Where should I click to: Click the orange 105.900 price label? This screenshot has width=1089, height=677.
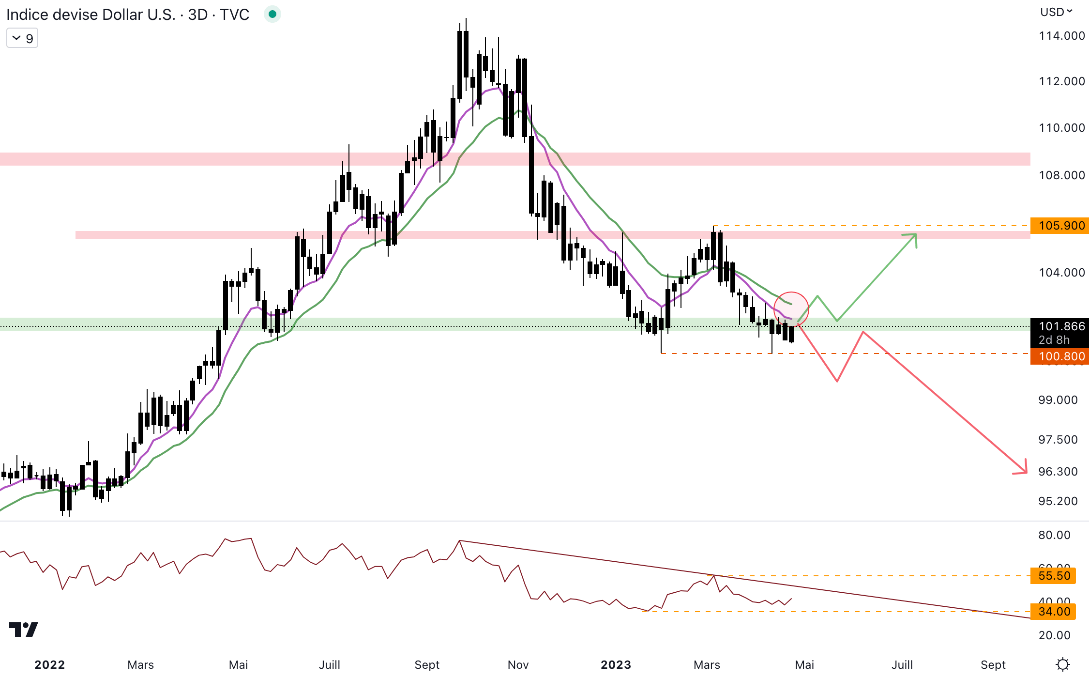(x=1059, y=226)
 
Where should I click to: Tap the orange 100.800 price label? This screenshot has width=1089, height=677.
(x=1059, y=356)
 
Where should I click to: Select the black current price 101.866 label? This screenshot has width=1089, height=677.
(x=1059, y=327)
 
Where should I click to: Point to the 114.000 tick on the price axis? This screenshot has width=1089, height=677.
(x=1061, y=36)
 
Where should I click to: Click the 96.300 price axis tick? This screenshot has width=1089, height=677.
(x=1058, y=472)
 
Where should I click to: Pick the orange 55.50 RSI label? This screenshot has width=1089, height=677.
(x=1054, y=576)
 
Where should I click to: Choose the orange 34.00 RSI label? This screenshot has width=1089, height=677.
(x=1054, y=612)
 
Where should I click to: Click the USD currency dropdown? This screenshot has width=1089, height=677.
(x=1056, y=12)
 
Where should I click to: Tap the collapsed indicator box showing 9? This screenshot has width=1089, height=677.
(x=22, y=38)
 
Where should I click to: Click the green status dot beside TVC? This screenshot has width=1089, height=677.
(x=272, y=15)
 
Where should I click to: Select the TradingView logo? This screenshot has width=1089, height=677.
(x=23, y=630)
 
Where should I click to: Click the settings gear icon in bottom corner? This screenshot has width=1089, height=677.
(x=1063, y=664)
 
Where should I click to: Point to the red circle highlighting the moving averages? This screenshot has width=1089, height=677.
(x=791, y=309)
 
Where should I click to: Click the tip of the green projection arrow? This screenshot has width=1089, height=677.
(x=916, y=235)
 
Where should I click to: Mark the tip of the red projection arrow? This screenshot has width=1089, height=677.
(x=1026, y=472)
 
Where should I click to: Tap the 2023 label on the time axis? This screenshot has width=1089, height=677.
(x=616, y=665)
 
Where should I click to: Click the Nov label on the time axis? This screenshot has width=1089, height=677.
(x=518, y=665)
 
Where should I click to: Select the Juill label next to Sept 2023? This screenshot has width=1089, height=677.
(x=902, y=665)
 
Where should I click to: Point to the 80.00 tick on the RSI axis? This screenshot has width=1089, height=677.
(x=1054, y=535)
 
